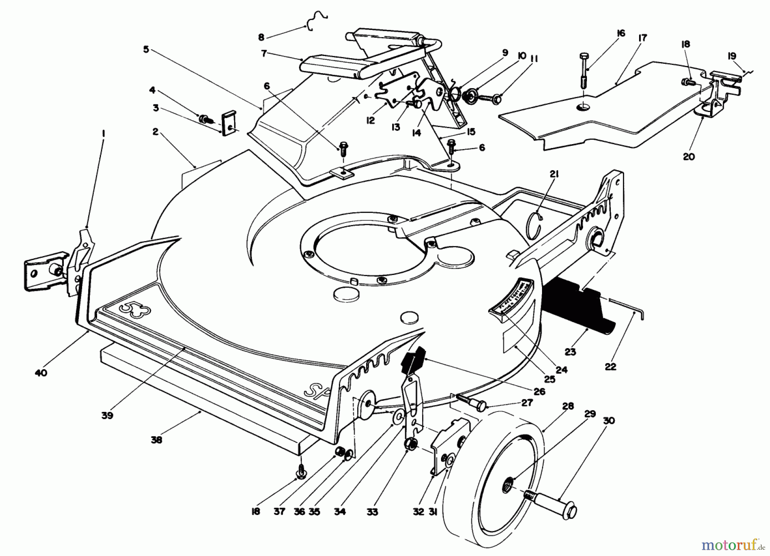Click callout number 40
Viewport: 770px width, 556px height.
point(41,373)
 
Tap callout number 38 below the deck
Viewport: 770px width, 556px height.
point(157,439)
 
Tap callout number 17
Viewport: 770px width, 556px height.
point(642,38)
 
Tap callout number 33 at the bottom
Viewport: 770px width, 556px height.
point(372,511)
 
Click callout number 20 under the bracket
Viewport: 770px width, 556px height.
point(689,157)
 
